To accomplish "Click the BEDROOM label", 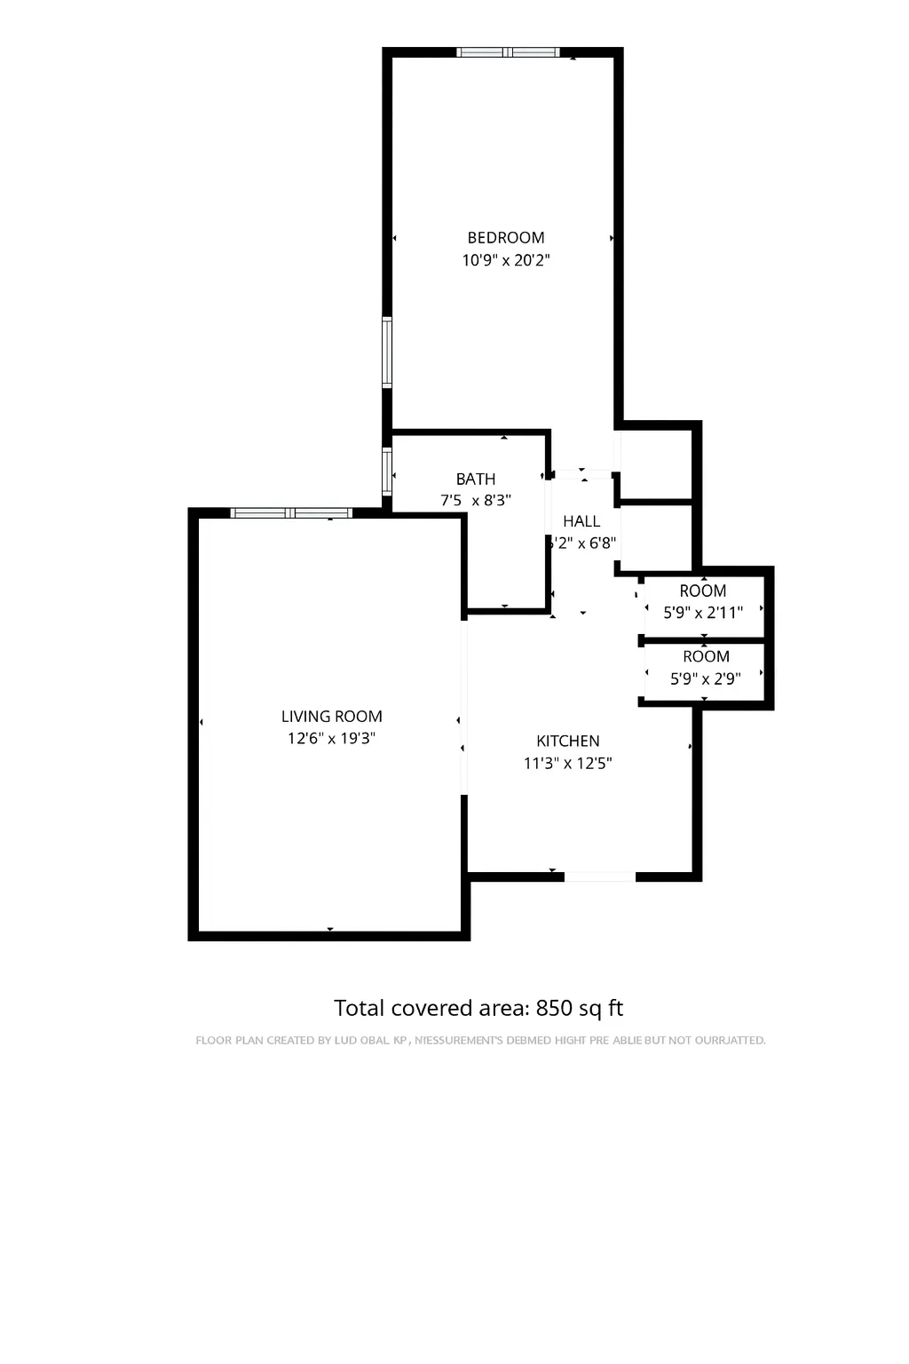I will tap(506, 237).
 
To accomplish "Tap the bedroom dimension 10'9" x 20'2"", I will tap(506, 260).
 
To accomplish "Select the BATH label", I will tap(476, 479).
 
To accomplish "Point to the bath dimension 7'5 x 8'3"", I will tap(476, 501).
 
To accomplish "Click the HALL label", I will tap(581, 521).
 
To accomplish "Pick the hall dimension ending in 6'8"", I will tap(581, 543).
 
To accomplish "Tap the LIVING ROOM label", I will tap(331, 716).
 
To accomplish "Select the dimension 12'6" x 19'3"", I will tap(331, 738).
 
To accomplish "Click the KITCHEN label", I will tap(568, 741).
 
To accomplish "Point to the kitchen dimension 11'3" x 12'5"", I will tap(568, 763).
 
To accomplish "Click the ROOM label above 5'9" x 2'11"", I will tap(703, 591).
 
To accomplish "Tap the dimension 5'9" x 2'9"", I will tap(705, 679).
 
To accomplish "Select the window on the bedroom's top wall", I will tap(508, 52).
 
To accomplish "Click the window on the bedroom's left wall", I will tap(387, 353).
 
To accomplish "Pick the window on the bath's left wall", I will tap(387, 471).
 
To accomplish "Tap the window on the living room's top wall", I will tap(291, 512).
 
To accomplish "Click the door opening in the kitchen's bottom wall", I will tap(600, 876).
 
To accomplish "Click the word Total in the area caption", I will tap(360, 1008).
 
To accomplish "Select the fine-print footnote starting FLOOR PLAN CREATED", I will tap(480, 1040).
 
